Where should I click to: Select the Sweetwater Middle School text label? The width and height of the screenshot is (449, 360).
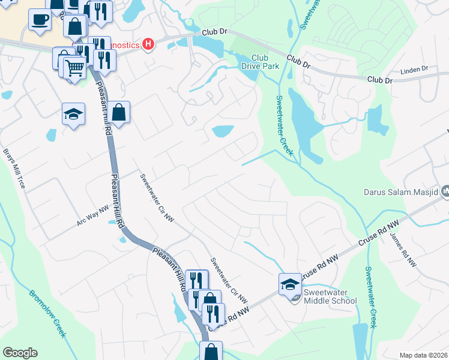pyautogui.click(x=330, y=296)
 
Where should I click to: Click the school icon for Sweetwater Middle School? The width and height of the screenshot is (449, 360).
pyautogui.click(x=290, y=284)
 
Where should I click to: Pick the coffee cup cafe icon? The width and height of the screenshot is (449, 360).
pyautogui.click(x=40, y=19)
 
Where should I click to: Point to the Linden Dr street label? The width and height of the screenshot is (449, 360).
pyautogui.click(x=414, y=69)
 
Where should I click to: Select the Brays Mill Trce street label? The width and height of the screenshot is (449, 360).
pyautogui.click(x=14, y=169)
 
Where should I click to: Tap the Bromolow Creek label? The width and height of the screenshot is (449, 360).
pyautogui.click(x=46, y=314)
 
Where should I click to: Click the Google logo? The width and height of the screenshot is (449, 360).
pyautogui.click(x=20, y=353)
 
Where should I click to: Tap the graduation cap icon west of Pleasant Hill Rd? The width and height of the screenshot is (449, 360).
pyautogui.click(x=73, y=114)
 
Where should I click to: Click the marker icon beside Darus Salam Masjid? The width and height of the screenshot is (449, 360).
pyautogui.click(x=445, y=192)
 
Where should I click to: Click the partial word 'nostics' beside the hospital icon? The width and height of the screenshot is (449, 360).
pyautogui.click(x=124, y=44)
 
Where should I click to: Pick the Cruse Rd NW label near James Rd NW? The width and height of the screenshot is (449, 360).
pyautogui.click(x=378, y=233)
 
